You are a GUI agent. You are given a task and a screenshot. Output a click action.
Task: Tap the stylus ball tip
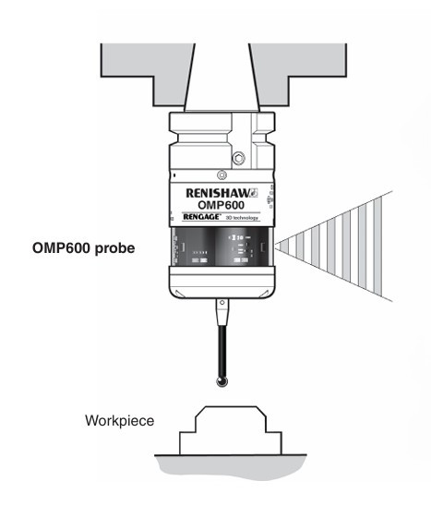pyautogui.click(x=220, y=378)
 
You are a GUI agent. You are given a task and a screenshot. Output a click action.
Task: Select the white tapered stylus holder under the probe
pyautogui.click(x=220, y=310)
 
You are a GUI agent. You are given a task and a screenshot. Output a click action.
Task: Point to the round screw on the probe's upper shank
pyautogui.click(x=238, y=159)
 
